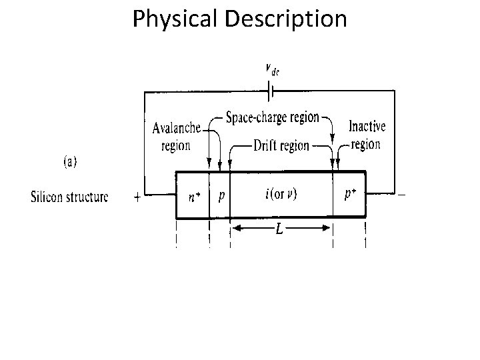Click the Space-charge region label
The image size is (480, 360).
(x=272, y=119)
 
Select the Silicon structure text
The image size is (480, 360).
(x=69, y=197)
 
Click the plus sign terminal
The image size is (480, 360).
(x=137, y=197)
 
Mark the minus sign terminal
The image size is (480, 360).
(x=402, y=195)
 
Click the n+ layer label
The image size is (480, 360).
(x=193, y=197)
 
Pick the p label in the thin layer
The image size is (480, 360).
(x=221, y=195)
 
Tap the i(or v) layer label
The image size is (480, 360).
(x=281, y=195)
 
